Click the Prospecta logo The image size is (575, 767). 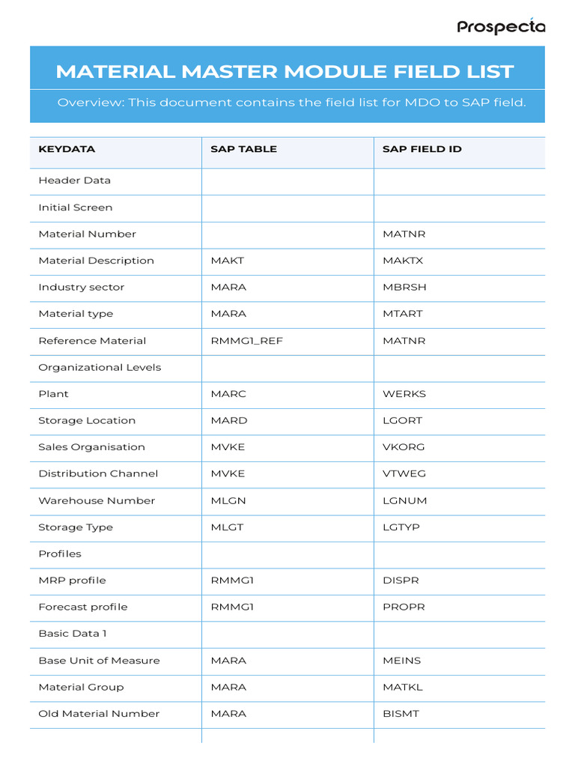pyautogui.click(x=501, y=27)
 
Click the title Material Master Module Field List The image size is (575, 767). pyautogui.click(x=285, y=72)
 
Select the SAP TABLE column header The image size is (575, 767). pyautogui.click(x=243, y=149)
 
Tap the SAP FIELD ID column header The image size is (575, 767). pyautogui.click(x=422, y=149)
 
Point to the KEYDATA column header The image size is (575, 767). pyautogui.click(x=67, y=149)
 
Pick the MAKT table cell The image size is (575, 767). pyautogui.click(x=228, y=261)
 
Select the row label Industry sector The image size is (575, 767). pyautogui.click(x=81, y=288)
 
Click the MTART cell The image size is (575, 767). pyautogui.click(x=402, y=314)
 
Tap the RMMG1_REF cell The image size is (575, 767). pyautogui.click(x=246, y=341)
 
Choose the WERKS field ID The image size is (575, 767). pyautogui.click(x=404, y=394)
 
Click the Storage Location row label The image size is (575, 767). pyautogui.click(x=87, y=421)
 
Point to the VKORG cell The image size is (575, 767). pyautogui.click(x=404, y=447)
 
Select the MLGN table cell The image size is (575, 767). pyautogui.click(x=228, y=500)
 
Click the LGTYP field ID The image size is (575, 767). pyautogui.click(x=401, y=527)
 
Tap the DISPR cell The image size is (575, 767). pyautogui.click(x=401, y=580)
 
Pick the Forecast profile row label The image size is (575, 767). pyautogui.click(x=82, y=607)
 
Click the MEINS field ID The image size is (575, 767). pyautogui.click(x=402, y=661)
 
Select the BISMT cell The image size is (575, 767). pyautogui.click(x=401, y=714)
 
